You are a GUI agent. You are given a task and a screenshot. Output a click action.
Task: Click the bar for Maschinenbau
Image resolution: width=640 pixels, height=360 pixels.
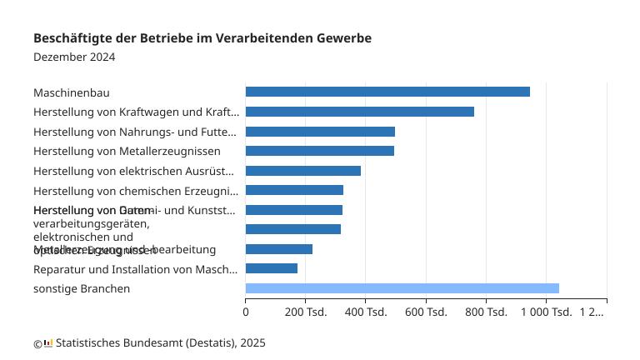point(387,92)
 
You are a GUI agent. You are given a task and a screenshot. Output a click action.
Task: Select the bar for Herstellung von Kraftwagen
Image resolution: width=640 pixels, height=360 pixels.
point(359,112)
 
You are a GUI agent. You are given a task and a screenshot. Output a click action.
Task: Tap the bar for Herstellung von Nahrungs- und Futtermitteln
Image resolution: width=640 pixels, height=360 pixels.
point(320,132)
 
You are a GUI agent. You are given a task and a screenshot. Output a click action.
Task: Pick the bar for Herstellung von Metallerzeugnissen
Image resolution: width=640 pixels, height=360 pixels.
point(319,151)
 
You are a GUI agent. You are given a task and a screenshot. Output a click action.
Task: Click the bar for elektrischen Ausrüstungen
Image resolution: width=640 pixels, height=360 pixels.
point(302,171)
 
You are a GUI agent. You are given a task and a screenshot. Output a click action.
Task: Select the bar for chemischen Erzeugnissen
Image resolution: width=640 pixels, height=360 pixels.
point(294,190)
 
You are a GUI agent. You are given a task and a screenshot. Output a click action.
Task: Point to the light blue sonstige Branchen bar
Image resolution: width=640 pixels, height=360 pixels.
point(402,288)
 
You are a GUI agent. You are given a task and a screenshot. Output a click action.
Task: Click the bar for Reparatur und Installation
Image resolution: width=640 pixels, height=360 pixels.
point(271,268)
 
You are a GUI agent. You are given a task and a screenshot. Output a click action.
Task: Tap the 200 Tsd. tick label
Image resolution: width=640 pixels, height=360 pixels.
point(305,312)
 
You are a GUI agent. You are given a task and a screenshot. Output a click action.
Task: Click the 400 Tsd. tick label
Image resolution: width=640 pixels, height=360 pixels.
point(365,312)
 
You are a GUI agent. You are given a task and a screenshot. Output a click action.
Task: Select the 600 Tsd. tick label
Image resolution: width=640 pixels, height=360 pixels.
point(426,312)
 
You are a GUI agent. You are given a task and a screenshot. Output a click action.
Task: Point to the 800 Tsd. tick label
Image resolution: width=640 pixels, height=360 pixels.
point(486,312)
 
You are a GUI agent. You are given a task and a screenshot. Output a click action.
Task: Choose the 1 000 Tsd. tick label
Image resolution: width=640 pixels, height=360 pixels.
point(546,312)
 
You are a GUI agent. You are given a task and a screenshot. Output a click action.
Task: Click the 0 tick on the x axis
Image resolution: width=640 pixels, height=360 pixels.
point(246,312)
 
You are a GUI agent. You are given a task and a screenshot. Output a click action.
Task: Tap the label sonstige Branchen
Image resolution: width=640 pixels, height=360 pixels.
point(82,289)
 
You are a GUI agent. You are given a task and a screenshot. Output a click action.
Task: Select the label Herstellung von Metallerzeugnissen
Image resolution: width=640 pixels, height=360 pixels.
point(127,151)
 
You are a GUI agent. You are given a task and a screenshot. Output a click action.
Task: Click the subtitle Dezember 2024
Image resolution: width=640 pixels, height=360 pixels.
point(74,57)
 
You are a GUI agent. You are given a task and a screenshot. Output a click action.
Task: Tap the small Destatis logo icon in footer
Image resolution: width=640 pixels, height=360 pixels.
point(48,342)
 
